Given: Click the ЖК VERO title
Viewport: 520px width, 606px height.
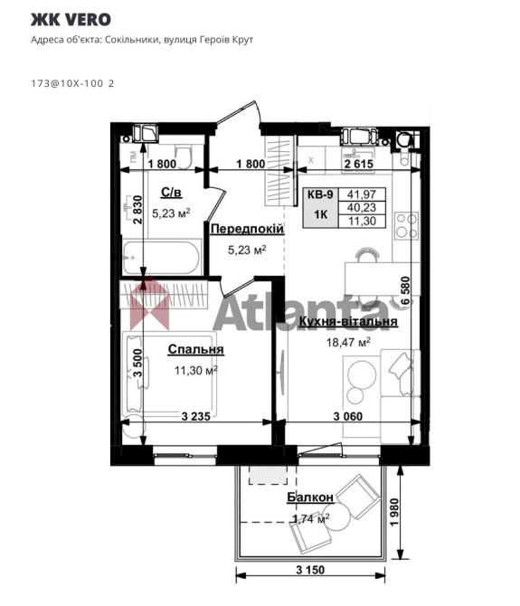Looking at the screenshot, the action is tap(71, 20).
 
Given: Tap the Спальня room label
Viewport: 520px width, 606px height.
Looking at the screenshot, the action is tap(196, 349).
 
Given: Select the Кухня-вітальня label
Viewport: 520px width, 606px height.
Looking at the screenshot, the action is tap(348, 322).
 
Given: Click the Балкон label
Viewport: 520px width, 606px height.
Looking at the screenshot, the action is tap(310, 497).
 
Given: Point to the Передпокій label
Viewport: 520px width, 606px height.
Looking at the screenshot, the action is tap(247, 229).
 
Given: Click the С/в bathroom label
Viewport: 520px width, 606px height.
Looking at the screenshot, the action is tap(172, 193).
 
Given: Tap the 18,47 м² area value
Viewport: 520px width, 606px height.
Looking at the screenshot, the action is tap(349, 342).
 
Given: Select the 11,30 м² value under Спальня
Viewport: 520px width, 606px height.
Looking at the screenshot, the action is tap(196, 370).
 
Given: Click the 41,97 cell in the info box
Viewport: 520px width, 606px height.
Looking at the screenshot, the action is tap(362, 194).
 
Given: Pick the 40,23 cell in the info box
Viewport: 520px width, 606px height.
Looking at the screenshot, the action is tap(362, 207).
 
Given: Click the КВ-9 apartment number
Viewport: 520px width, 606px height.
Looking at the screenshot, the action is tap(320, 194).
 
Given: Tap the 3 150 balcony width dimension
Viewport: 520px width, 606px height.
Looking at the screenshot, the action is tap(310, 570).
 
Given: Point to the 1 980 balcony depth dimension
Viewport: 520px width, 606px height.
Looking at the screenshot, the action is tap(394, 513).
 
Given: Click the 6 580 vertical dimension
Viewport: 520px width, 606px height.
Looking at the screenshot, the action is tap(405, 291).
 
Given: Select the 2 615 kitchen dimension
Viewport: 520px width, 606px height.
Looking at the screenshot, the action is tap(359, 165).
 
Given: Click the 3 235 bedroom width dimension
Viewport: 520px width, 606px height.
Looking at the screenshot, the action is tap(196, 416).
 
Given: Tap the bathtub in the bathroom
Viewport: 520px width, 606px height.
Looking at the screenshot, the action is tap(162, 258).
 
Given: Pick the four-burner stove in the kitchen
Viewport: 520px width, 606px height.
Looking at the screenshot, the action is tap(406, 226).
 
